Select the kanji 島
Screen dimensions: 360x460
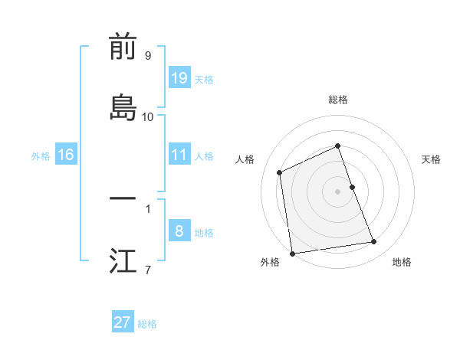[123, 107]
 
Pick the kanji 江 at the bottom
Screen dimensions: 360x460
[123, 260]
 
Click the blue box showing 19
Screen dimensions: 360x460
[179, 77]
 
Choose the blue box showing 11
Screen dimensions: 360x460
[179, 154]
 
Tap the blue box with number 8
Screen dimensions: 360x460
[179, 231]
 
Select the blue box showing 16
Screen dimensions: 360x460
[66, 155]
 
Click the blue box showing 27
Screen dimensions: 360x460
[123, 322]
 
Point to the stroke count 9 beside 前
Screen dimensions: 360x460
[148, 56]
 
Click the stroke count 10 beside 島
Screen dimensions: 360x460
[148, 117]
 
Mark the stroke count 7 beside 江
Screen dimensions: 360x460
[148, 270]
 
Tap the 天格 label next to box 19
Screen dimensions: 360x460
[204, 79]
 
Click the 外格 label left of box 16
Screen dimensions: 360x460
[41, 155]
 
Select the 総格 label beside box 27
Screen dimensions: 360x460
[147, 324]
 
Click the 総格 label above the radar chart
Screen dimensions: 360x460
[338, 100]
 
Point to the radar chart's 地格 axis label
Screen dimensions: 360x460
[402, 262]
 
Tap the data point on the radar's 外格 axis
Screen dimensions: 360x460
[291, 254]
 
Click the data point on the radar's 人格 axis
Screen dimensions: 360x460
[280, 172]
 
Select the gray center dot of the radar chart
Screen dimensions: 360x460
[338, 191]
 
